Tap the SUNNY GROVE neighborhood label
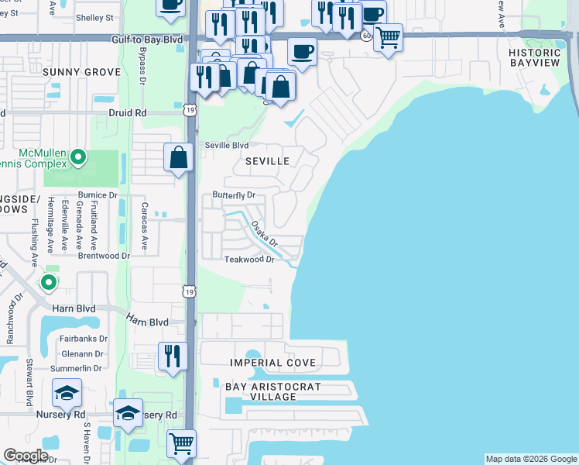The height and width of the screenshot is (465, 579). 81,72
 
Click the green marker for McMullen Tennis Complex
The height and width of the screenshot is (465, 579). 77,158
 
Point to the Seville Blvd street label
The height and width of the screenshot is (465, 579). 226,145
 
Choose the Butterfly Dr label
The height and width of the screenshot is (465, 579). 234,195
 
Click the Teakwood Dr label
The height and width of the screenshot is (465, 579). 249,260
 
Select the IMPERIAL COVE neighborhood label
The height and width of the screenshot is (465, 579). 272,363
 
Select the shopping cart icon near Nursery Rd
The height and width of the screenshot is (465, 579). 181,443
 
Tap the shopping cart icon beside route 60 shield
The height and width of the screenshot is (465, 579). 388,36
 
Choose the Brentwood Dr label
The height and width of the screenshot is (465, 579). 104,255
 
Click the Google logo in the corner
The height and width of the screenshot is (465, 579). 26,455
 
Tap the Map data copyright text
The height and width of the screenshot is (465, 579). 531,459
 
